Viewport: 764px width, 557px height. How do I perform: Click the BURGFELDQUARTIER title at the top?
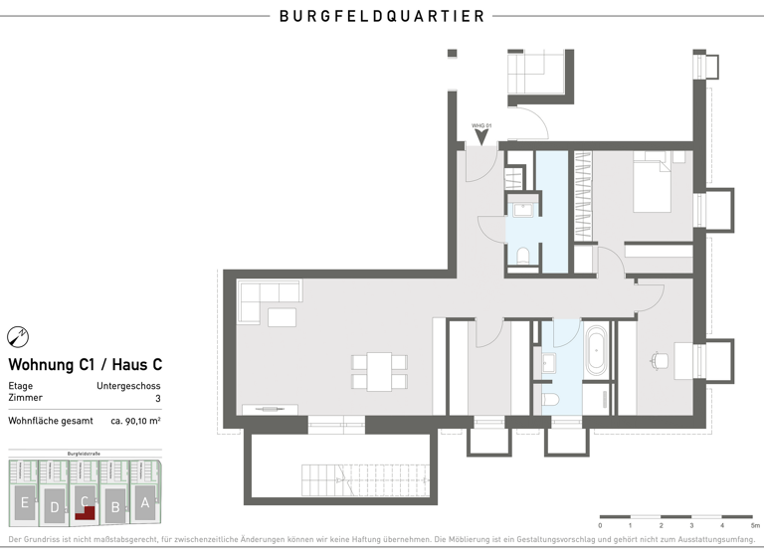pyautogui.click(x=382, y=16)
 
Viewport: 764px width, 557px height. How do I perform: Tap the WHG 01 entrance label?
pyautogui.click(x=481, y=125)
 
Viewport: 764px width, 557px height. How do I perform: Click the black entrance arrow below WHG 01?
pyautogui.click(x=481, y=138)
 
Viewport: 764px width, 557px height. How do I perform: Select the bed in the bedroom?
pyautogui.click(x=652, y=180)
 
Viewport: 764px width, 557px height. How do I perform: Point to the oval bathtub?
pyautogui.click(x=597, y=348)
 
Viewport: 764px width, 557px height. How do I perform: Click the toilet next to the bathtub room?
pyautogui.click(x=552, y=398)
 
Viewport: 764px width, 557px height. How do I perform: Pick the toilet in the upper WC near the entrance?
pyautogui.click(x=522, y=256)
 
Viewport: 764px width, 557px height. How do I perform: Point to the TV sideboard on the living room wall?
pyautogui.click(x=270, y=408)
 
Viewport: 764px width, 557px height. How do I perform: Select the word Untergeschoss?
pyautogui.click(x=128, y=386)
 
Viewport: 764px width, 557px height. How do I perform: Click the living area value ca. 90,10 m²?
pyautogui.click(x=135, y=421)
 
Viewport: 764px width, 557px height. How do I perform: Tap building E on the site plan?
pyautogui.click(x=23, y=501)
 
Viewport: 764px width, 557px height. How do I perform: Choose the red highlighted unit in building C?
pyautogui.click(x=88, y=512)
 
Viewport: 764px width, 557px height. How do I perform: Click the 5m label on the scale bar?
pyautogui.click(x=754, y=525)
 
